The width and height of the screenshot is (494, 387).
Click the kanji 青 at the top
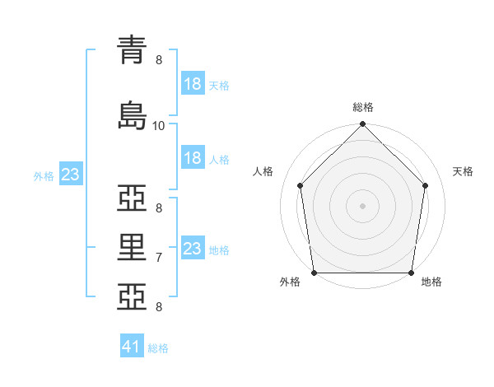[x=134, y=51]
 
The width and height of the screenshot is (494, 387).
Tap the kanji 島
[x=134, y=113]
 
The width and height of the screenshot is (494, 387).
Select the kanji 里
[x=134, y=245]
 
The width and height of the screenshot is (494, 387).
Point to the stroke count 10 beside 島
[x=159, y=125]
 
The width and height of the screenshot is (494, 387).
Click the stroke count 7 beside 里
[x=159, y=258]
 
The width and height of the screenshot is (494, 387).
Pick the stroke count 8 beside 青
[x=159, y=60]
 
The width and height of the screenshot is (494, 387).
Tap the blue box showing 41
[x=133, y=347]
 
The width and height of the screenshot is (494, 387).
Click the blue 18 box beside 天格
[x=193, y=84]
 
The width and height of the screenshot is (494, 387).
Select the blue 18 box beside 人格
[x=193, y=158]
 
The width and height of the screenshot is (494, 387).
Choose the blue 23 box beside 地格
[x=193, y=249]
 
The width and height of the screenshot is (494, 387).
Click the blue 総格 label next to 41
[x=159, y=348]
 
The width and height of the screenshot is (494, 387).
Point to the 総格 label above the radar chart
[x=362, y=107]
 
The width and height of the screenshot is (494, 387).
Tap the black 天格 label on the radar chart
[x=463, y=171]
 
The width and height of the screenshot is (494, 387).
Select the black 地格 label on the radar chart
[x=431, y=282]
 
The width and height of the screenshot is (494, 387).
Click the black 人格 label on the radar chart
[x=263, y=171]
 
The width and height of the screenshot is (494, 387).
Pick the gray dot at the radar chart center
[x=362, y=206]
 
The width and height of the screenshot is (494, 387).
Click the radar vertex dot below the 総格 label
[x=362, y=125]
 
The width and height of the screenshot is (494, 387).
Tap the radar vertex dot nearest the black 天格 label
[x=426, y=185]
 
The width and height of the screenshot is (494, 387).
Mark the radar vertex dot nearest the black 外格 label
[x=314, y=273]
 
